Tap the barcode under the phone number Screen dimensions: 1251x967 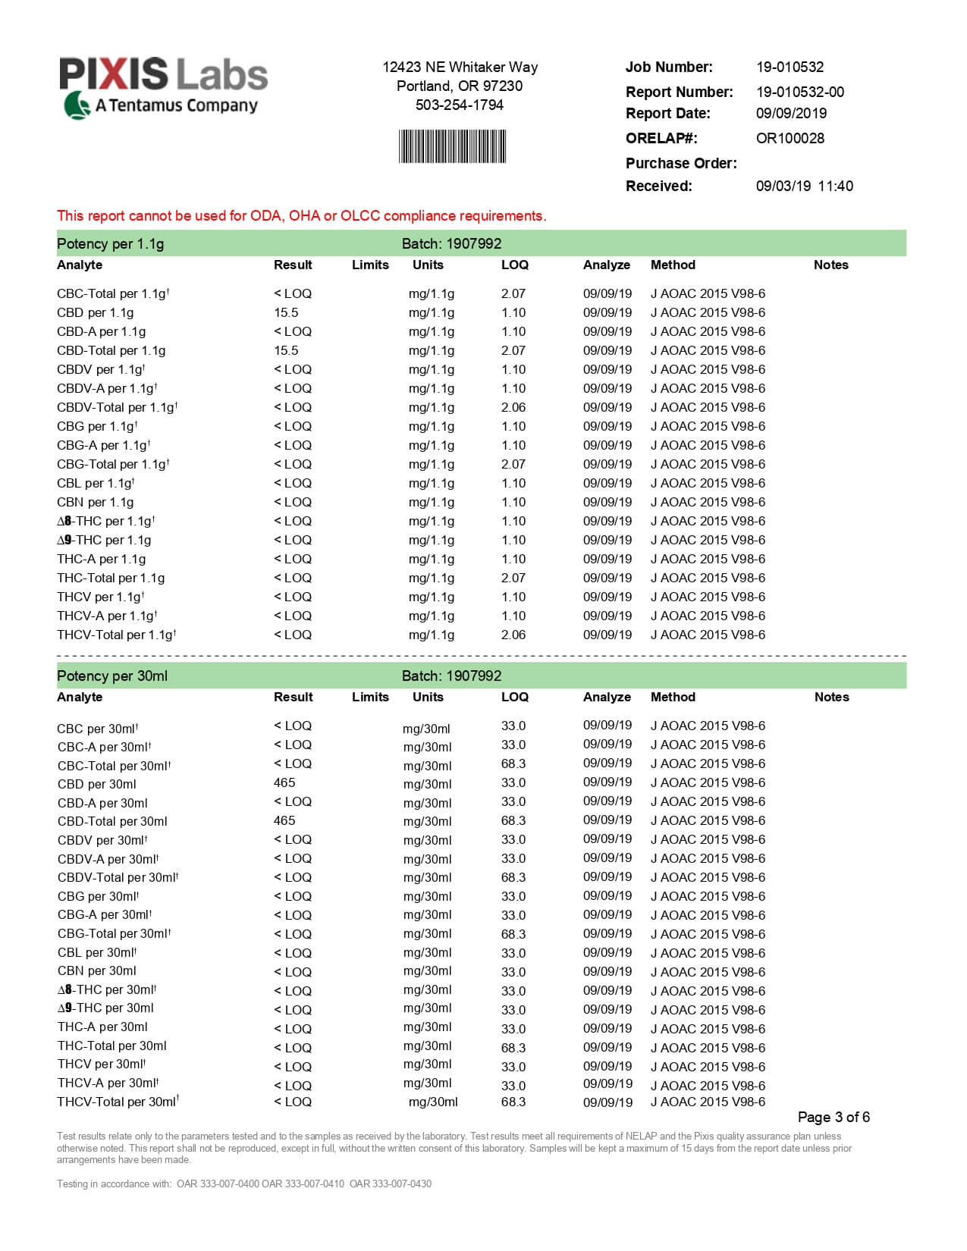[x=452, y=146]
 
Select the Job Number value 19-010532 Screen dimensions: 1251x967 [x=790, y=67]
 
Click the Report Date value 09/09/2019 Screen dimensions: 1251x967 [x=791, y=113]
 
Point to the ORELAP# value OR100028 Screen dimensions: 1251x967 [x=790, y=138]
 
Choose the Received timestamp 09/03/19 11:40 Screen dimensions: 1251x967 [x=804, y=186]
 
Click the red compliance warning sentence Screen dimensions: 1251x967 [x=301, y=216]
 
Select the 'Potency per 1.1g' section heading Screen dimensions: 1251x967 [x=110, y=243]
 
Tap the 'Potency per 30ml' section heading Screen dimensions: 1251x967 [x=112, y=676]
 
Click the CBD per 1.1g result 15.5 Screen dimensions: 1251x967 [x=286, y=312]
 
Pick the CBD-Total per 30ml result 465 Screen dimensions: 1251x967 [x=284, y=820]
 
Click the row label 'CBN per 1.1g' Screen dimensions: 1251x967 [x=95, y=502]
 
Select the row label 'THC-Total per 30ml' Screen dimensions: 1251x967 [x=111, y=1046]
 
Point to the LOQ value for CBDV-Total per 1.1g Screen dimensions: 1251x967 [x=513, y=407]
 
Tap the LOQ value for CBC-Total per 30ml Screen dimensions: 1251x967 [x=513, y=763]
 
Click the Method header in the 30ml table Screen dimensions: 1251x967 [x=673, y=697]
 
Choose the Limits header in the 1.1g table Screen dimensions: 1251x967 [x=370, y=265]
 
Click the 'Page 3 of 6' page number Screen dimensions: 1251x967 [x=834, y=1117]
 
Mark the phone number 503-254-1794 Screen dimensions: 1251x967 [x=459, y=105]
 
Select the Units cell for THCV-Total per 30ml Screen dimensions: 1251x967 [x=433, y=1102]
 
